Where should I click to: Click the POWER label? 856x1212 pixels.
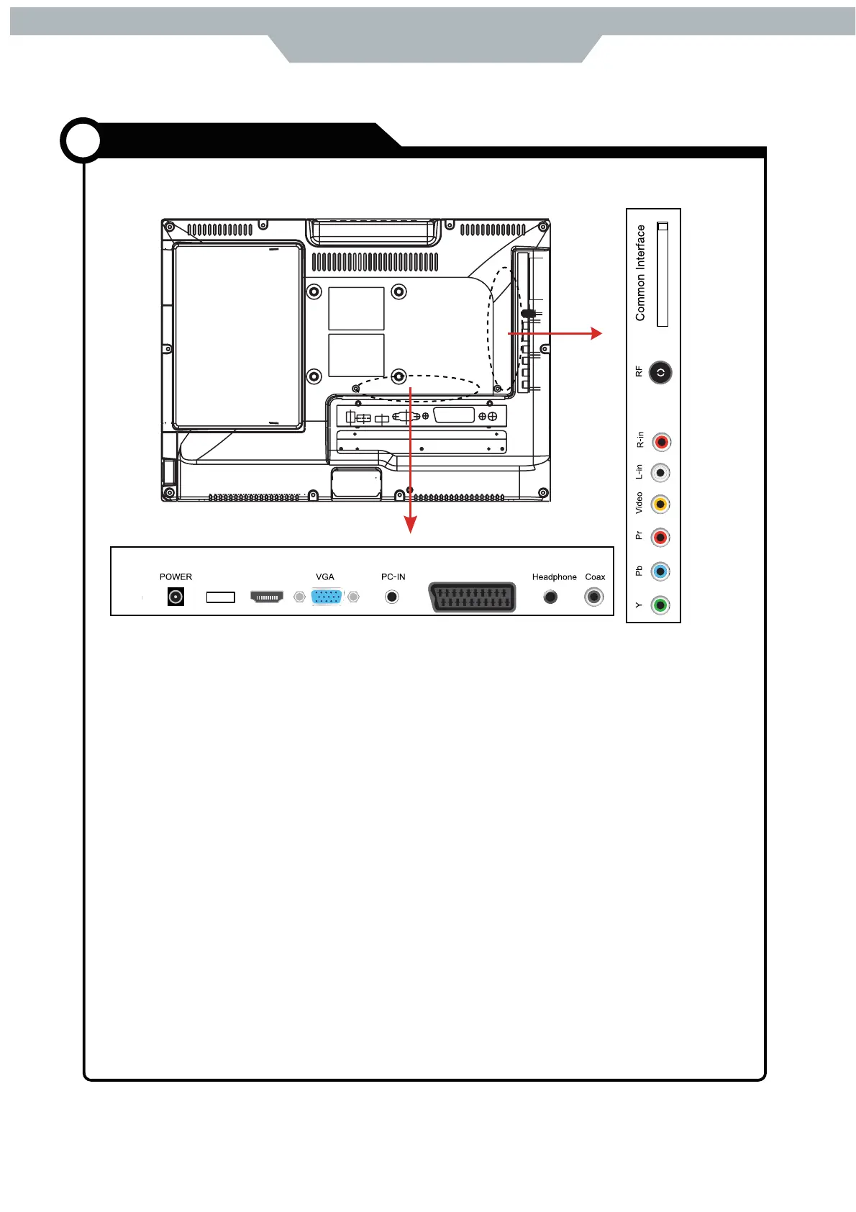tap(176, 576)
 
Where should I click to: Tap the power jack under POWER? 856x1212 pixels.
tap(176, 597)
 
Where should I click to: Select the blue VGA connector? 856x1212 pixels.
tap(327, 597)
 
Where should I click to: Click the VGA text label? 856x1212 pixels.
tap(324, 576)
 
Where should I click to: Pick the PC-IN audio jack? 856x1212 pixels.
tap(391, 597)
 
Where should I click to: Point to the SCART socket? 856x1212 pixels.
tap(472, 597)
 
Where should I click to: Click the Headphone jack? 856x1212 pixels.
tap(550, 597)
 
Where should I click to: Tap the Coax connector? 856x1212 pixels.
tap(593, 597)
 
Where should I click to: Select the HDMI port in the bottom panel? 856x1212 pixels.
tap(266, 597)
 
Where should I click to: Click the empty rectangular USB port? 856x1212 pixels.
tap(220, 597)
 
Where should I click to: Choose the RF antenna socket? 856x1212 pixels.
tap(660, 373)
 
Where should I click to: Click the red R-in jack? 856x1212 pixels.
tap(661, 442)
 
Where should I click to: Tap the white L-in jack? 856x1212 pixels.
tap(660, 473)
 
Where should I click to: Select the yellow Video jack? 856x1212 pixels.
tap(660, 505)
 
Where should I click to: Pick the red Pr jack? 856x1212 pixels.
tap(660, 538)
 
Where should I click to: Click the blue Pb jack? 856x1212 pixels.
tap(660, 571)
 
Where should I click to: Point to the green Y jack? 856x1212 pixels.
tap(660, 605)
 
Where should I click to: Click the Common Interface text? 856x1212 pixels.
tap(640, 273)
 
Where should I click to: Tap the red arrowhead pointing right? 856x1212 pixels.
tap(596, 333)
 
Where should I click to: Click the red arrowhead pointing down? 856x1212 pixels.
tap(410, 526)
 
